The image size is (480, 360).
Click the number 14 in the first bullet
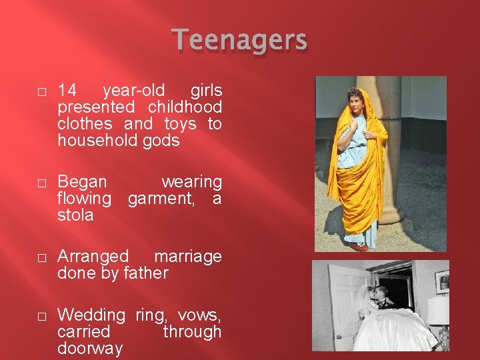tap(67, 91)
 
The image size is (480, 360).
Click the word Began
tap(83, 182)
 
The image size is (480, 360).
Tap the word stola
tap(75, 215)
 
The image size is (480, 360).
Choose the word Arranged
tap(93, 257)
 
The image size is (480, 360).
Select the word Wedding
tap(91, 315)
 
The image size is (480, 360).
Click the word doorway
tap(90, 348)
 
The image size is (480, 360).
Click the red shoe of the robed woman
tap(359, 247)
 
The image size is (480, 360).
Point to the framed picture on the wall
tap(442, 281)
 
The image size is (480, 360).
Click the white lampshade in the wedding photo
tap(438, 311)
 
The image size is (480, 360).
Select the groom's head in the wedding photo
tap(383, 294)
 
